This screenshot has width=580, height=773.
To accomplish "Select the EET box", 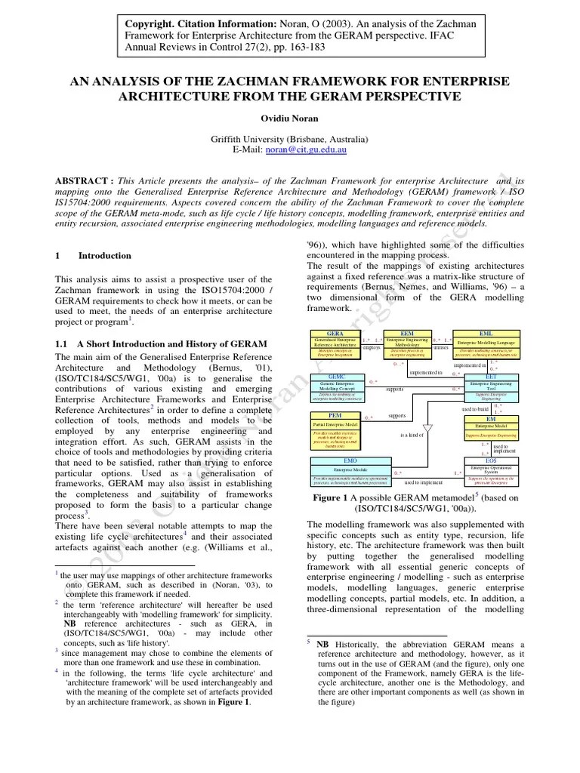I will [491, 385].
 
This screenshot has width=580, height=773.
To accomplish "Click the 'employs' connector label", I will [372, 348].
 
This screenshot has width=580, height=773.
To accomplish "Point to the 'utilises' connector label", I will [441, 348].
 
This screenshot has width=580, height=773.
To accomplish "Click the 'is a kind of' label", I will [412, 436].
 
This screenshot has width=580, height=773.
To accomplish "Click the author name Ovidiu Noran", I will [289, 118].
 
